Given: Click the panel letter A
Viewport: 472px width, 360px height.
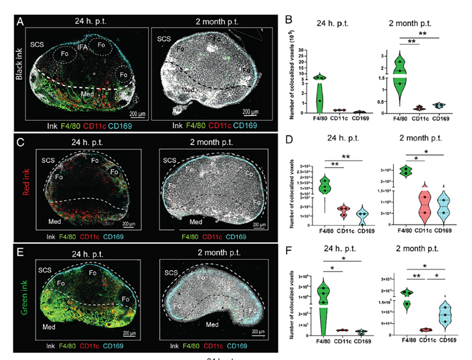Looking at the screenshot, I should [x=21, y=22].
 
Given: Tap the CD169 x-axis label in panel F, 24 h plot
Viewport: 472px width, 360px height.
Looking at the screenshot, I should [x=365, y=341].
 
